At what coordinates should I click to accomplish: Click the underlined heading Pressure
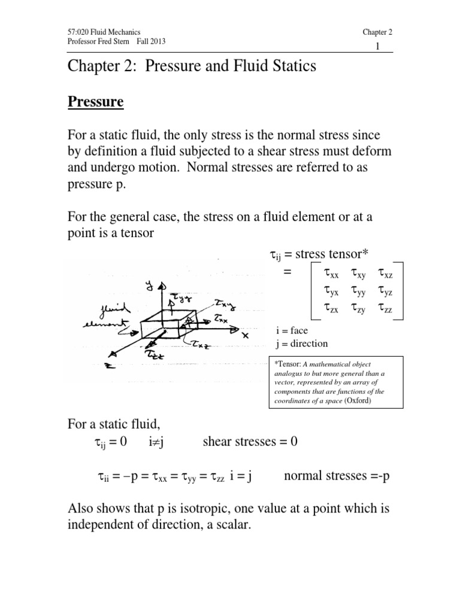pyautogui.click(x=95, y=102)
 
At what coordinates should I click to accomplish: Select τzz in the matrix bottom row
pyautogui.click(x=385, y=309)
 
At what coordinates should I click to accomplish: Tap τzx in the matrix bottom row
pyautogui.click(x=330, y=309)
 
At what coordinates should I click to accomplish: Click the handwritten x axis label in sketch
pyautogui.click(x=244, y=335)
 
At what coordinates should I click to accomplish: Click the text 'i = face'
pyautogui.click(x=293, y=330)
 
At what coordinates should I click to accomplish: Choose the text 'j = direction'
pyautogui.click(x=302, y=343)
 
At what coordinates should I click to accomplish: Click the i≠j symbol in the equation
pyautogui.click(x=158, y=442)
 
